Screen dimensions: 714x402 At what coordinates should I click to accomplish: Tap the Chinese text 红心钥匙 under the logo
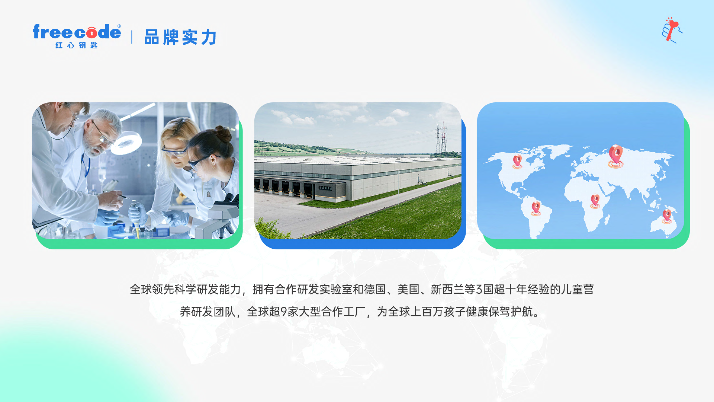(x=76, y=45)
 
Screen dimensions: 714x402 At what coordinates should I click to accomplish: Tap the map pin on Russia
(x=616, y=156)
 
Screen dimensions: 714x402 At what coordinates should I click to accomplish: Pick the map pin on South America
(x=536, y=209)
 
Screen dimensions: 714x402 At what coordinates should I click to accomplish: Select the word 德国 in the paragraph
(x=375, y=289)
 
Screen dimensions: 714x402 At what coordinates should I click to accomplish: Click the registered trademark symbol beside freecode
(x=119, y=26)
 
